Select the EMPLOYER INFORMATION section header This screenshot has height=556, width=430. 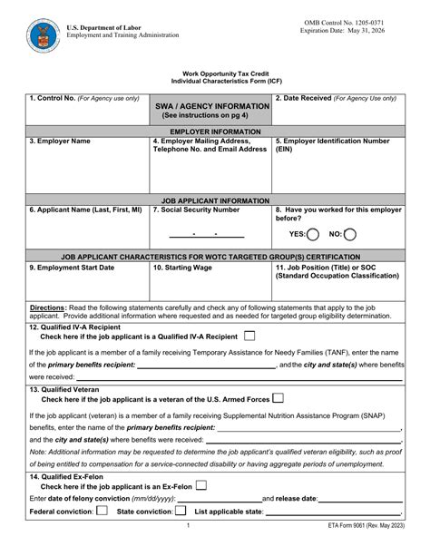[x=215, y=132]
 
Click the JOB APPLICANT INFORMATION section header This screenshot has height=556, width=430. [x=215, y=200]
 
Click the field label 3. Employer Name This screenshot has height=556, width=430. [x=60, y=141]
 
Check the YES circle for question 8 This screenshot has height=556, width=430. [x=313, y=234]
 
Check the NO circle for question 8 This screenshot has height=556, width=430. [x=350, y=234]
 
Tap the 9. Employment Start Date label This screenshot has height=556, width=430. [x=72, y=268]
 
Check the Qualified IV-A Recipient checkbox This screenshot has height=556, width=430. [x=249, y=336]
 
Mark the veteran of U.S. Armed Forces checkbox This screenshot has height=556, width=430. [x=279, y=397]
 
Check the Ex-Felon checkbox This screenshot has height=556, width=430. [x=200, y=485]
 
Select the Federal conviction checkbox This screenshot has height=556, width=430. [x=102, y=511]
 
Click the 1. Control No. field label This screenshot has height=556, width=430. [x=84, y=97]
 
